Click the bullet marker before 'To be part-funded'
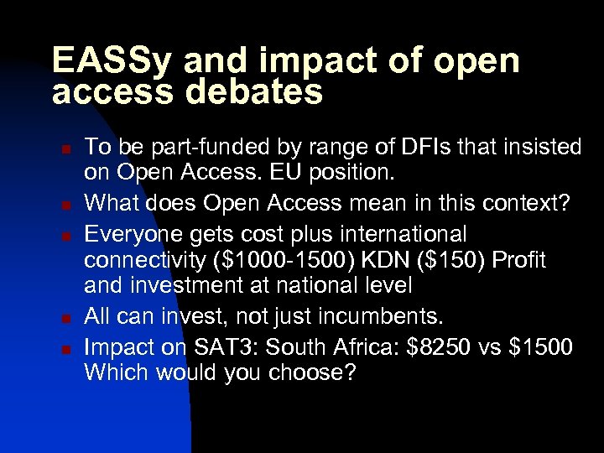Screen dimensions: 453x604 [65, 148]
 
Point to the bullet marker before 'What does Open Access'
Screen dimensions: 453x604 [65, 204]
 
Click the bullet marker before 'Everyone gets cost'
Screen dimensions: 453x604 [65, 232]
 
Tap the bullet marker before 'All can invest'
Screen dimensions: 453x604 [65, 317]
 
